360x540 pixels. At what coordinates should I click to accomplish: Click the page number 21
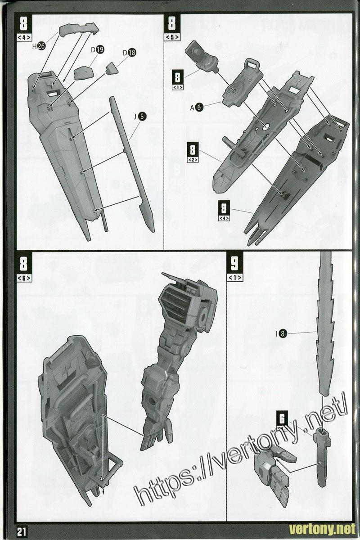[22, 531]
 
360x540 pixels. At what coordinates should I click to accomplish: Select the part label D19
[98, 50]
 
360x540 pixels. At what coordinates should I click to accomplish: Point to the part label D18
[129, 53]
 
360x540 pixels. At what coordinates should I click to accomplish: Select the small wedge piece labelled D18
[112, 68]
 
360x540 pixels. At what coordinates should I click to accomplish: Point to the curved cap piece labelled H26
[80, 29]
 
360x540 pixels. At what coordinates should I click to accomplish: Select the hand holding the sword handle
[272, 466]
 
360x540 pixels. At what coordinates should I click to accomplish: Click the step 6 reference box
[282, 423]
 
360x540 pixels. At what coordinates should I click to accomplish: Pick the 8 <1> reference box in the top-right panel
[179, 80]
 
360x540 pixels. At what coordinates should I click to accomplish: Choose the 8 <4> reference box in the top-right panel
[224, 211]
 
